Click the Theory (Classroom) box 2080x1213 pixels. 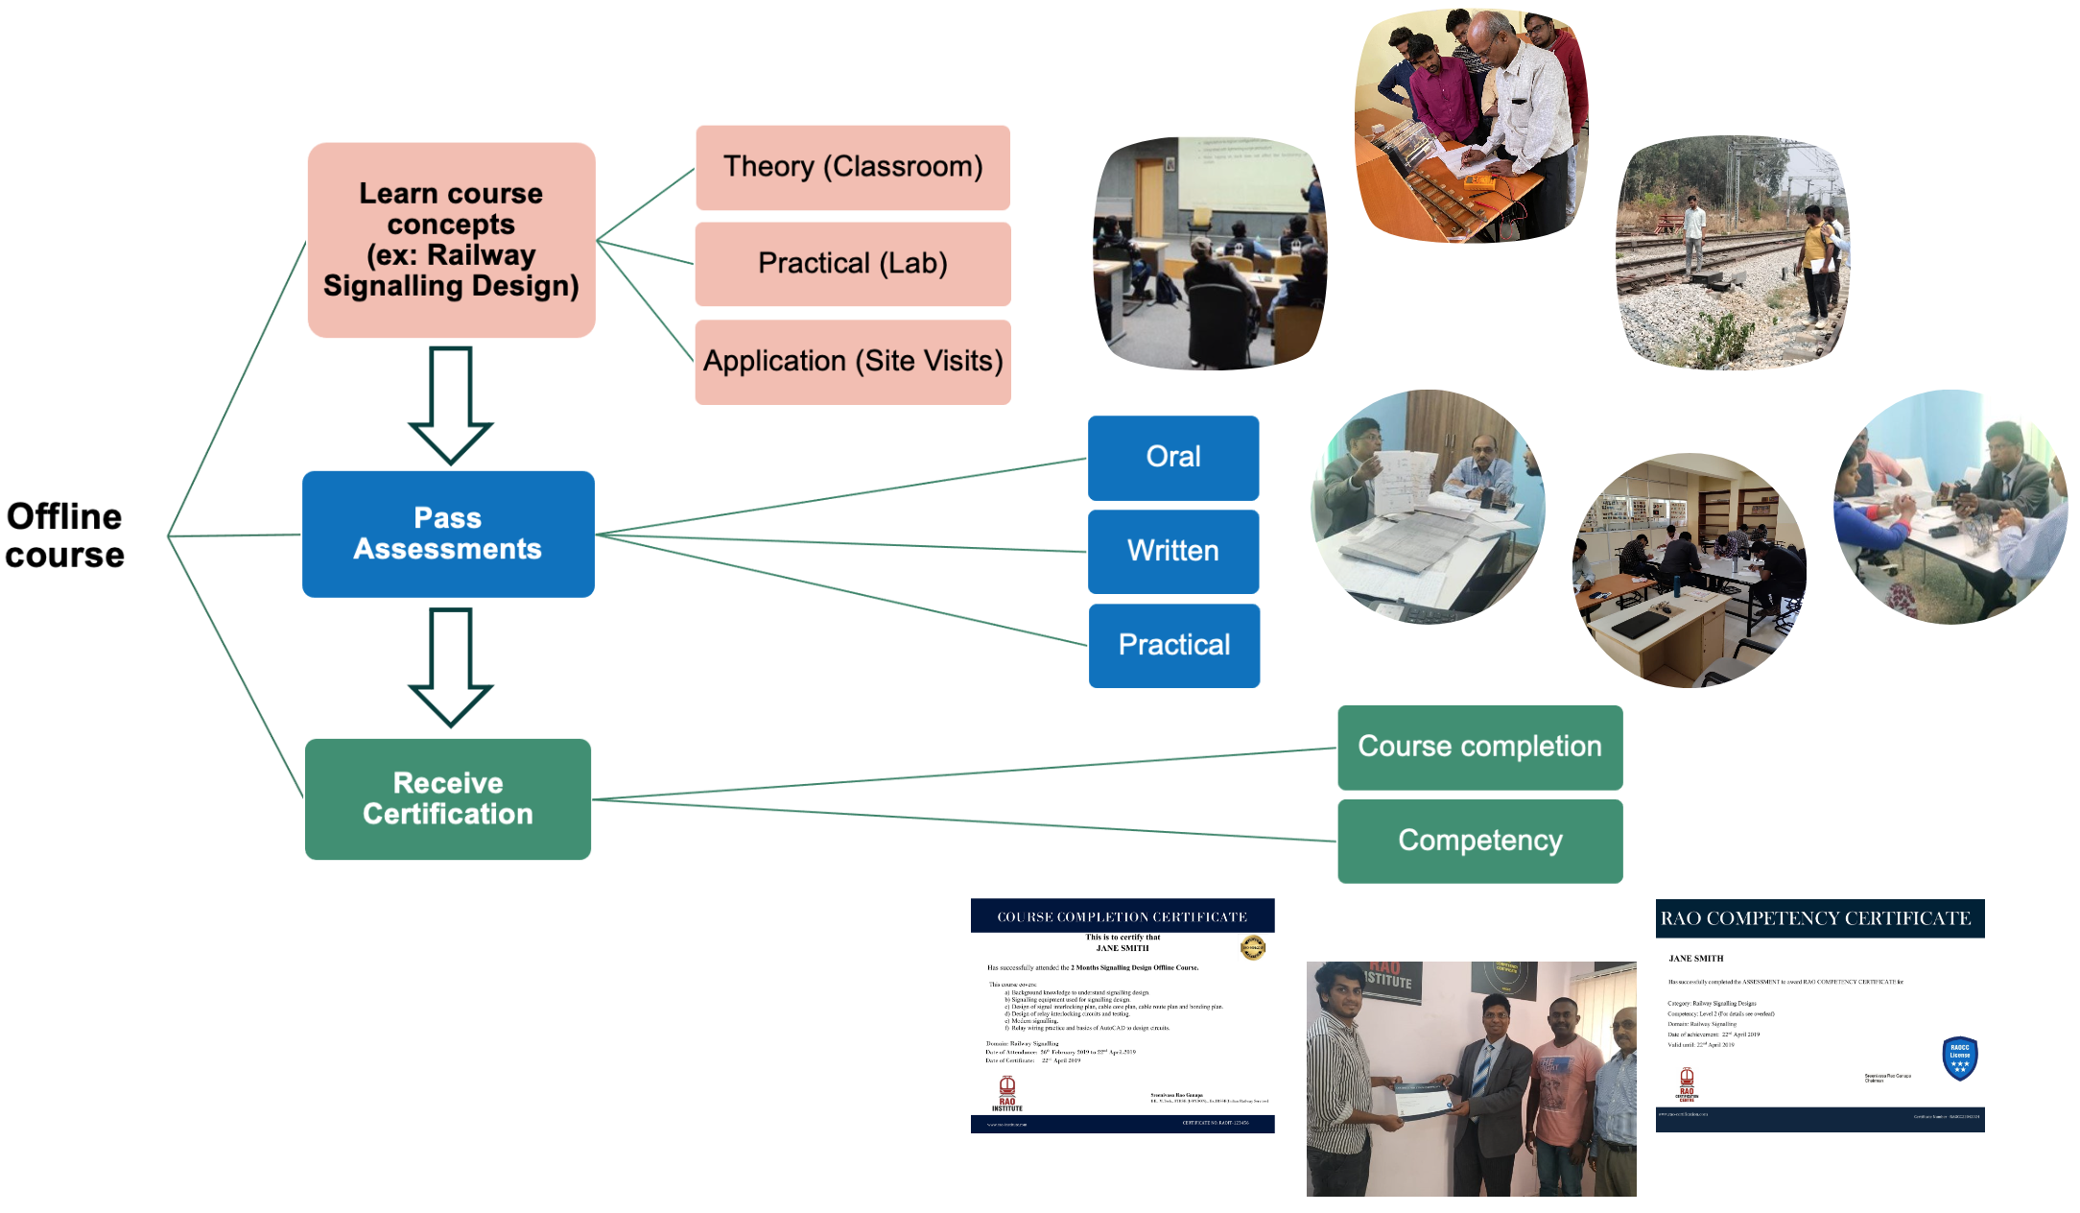(852, 167)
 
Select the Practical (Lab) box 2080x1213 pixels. (852, 264)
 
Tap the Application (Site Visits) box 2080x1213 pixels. (852, 362)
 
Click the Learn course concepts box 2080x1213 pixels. (451, 240)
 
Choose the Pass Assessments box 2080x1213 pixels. (448, 534)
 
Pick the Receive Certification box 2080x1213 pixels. (448, 798)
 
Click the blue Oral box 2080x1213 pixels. (1172, 457)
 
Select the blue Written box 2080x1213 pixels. (1172, 551)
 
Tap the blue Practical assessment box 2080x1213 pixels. (1173, 645)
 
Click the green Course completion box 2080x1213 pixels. (1479, 747)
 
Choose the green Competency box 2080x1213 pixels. (1479, 841)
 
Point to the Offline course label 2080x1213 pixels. (65, 535)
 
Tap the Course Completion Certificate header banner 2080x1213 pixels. (1122, 916)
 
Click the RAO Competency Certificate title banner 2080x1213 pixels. (1819, 918)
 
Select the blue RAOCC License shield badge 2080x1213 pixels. (1959, 1058)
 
